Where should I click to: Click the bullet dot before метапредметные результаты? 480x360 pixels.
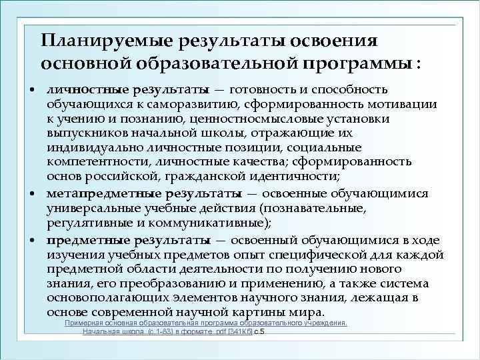(33, 195)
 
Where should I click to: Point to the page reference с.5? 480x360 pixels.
(260, 331)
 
